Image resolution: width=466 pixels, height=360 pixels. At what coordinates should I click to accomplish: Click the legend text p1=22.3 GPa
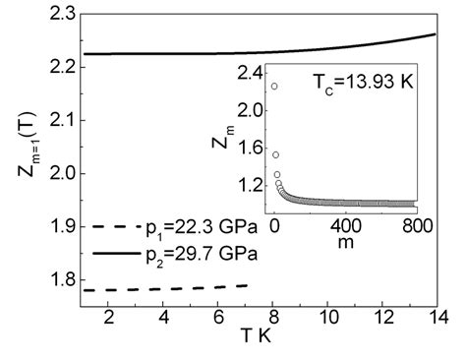(x=184, y=227)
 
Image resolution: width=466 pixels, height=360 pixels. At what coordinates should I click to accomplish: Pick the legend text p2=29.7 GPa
(x=184, y=253)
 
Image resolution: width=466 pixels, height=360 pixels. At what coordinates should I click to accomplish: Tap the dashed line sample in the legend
(x=108, y=227)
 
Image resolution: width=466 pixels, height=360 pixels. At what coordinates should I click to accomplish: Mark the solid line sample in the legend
(x=108, y=253)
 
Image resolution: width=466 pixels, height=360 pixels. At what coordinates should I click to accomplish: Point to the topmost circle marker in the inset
(x=274, y=87)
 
